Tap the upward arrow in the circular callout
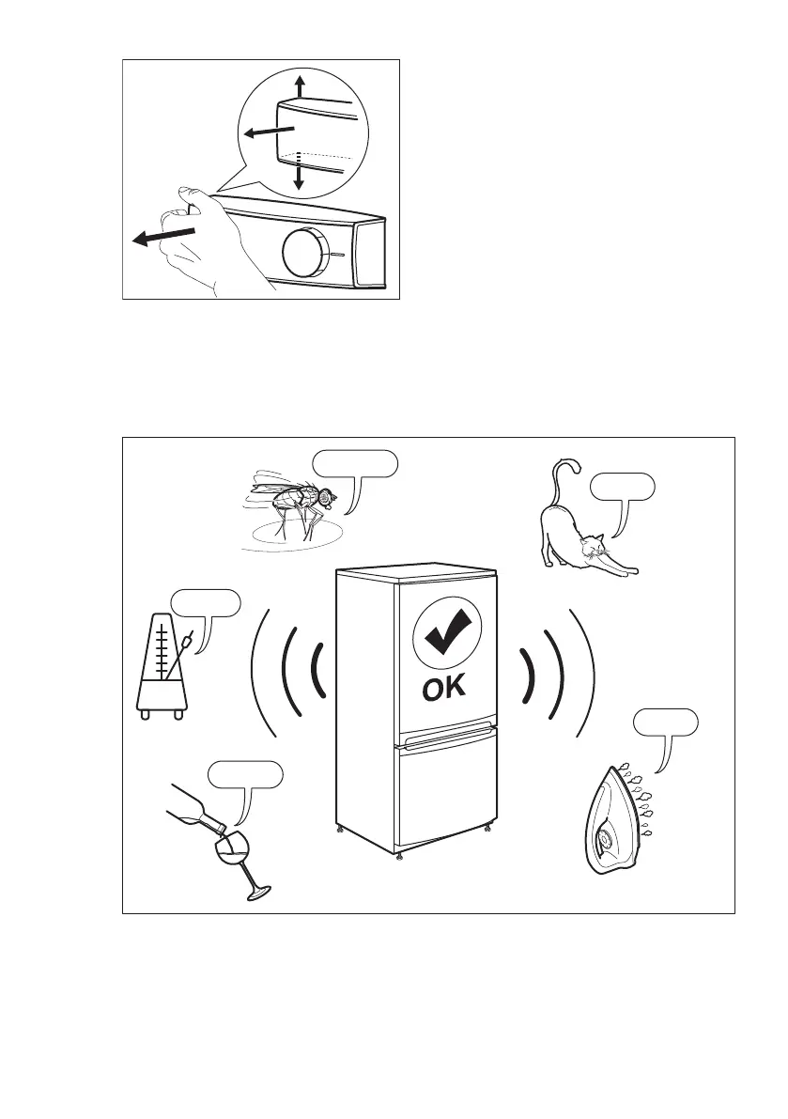click(x=299, y=87)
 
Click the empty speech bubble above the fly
click(x=355, y=464)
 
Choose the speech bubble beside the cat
click(x=622, y=487)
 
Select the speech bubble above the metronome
click(x=205, y=603)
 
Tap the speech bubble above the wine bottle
click(x=244, y=775)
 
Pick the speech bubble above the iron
click(x=665, y=723)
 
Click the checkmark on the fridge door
click(x=445, y=635)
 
